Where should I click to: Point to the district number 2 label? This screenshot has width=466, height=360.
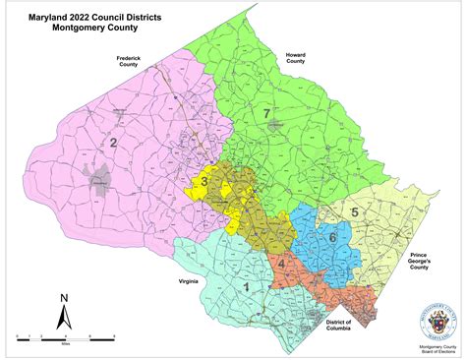pyautogui.click(x=114, y=145)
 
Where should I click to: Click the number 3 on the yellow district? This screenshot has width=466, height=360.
pyautogui.click(x=204, y=182)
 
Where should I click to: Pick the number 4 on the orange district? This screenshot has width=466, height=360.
pyautogui.click(x=281, y=262)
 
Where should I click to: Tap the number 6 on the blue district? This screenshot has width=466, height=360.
pyautogui.click(x=332, y=237)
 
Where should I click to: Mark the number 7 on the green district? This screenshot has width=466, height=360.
pyautogui.click(x=266, y=115)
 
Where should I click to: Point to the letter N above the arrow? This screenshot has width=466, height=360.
pyautogui.click(x=63, y=297)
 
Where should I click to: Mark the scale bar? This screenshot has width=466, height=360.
pyautogui.click(x=65, y=337)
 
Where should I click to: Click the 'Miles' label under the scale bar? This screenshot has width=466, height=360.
pyautogui.click(x=65, y=345)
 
